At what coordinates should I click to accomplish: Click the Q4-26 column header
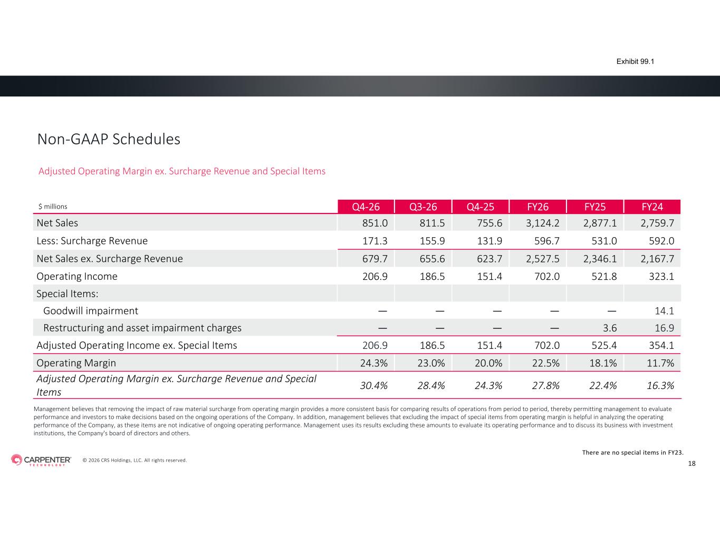coord(366,207)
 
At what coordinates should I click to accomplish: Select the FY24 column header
coord(652,207)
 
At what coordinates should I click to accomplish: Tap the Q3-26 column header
coord(423,207)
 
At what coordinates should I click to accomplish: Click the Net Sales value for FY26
coord(543,223)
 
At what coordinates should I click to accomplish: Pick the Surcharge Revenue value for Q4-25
coord(489,241)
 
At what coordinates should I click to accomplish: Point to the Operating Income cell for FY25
coord(604,276)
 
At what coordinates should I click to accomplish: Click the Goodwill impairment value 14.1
coord(664,311)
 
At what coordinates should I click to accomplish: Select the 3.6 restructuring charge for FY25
coord(610,328)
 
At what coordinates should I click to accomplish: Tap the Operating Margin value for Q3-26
coord(431,363)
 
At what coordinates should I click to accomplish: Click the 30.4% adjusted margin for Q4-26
coord(374,386)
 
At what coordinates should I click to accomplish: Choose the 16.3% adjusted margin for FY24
coord(660,386)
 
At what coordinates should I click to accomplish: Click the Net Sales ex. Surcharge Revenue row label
coord(110,258)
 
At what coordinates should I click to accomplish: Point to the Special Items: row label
coord(68,294)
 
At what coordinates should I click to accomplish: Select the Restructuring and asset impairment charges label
coord(142,328)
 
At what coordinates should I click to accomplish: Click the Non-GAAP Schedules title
coord(109,139)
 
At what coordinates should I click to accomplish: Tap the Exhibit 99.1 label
coord(635,62)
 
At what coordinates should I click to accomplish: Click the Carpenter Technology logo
coord(41,460)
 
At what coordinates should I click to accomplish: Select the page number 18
coord(692,464)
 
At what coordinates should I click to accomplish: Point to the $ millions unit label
coord(53,207)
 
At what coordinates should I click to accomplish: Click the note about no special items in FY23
coord(633,452)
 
